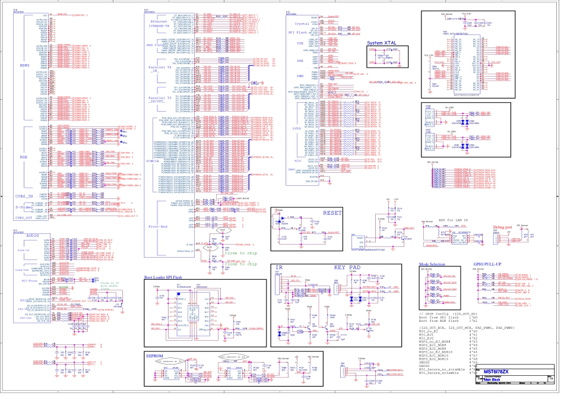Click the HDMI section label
24,65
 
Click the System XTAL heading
382,43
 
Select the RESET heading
332,213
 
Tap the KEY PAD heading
348,268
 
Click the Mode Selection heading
432,263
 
